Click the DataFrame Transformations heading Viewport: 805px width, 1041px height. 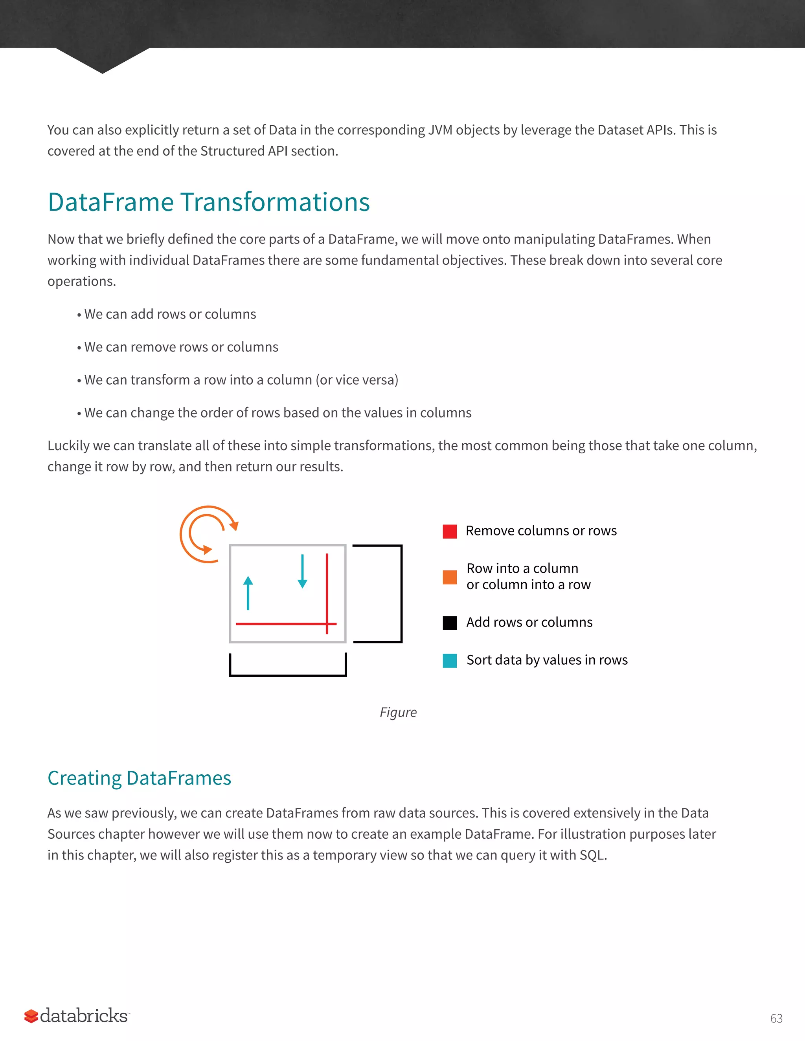[x=208, y=202]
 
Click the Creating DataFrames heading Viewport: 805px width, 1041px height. [x=139, y=778]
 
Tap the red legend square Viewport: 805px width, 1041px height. [x=450, y=531]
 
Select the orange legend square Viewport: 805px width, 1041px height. [x=450, y=577]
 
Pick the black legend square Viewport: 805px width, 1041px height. [x=450, y=623]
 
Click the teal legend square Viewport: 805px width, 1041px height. [x=450, y=660]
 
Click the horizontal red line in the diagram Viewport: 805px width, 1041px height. [x=281, y=623]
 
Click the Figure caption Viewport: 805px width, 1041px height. [x=398, y=712]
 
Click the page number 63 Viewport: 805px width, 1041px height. [x=776, y=1018]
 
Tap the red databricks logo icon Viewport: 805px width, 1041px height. [x=31, y=1016]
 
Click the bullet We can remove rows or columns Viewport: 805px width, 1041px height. [x=181, y=347]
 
